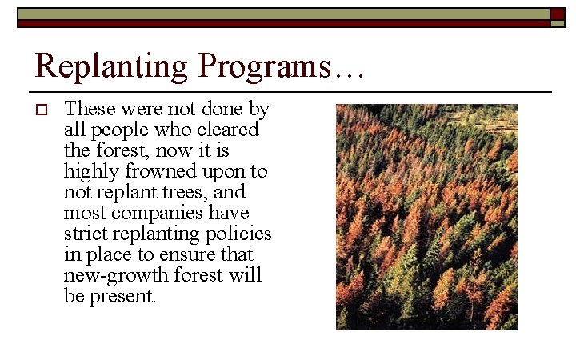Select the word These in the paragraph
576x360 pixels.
[89, 109]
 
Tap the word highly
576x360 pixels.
[90, 171]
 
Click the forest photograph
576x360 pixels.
[426, 216]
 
